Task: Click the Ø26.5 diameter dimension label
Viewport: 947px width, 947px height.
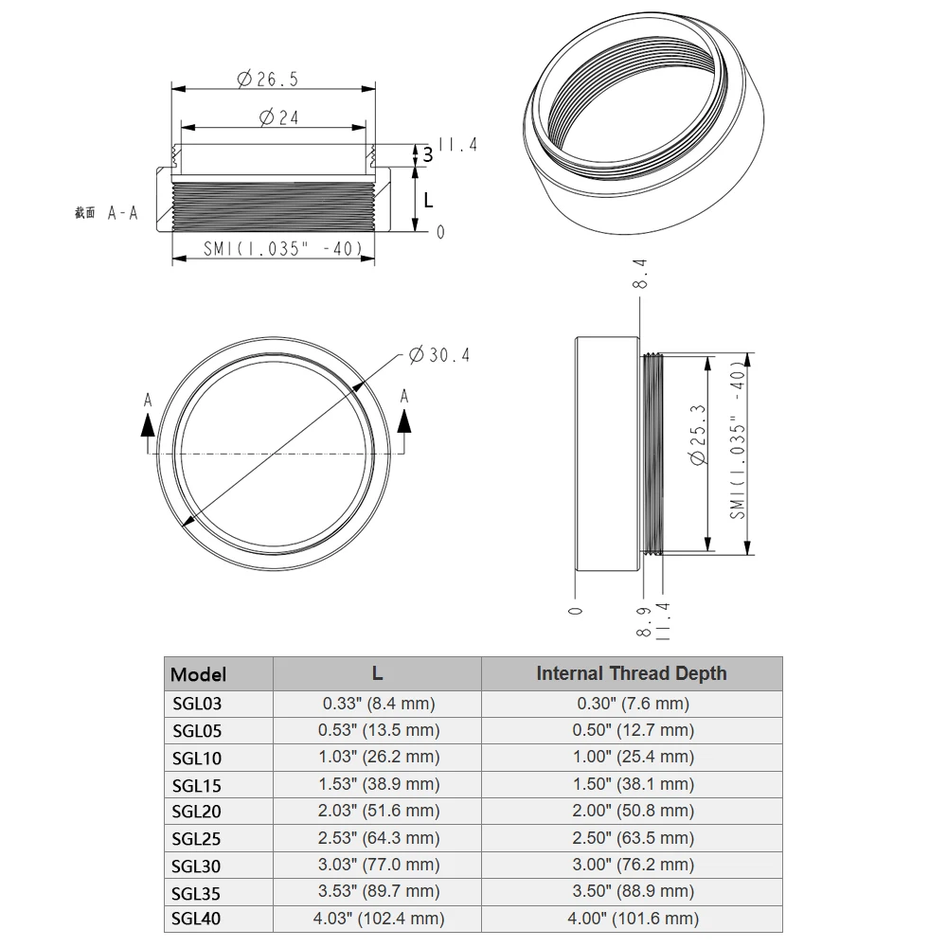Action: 267,80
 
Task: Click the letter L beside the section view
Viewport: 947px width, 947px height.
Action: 428,200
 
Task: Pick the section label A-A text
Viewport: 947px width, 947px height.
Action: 122,213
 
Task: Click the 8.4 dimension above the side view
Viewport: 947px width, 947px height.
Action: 640,274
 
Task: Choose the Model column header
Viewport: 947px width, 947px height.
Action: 198,674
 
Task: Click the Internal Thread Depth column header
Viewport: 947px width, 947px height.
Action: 631,673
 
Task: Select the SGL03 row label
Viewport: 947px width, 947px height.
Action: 197,704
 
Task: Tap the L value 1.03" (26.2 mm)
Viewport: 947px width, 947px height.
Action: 377,757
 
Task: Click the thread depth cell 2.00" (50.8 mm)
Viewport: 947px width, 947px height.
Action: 631,811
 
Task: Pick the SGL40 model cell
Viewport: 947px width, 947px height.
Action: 197,919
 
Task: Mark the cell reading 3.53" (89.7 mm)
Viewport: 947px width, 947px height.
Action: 377,891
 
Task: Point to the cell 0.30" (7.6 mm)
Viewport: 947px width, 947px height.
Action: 631,704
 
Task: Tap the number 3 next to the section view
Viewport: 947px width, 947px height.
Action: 427,154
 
